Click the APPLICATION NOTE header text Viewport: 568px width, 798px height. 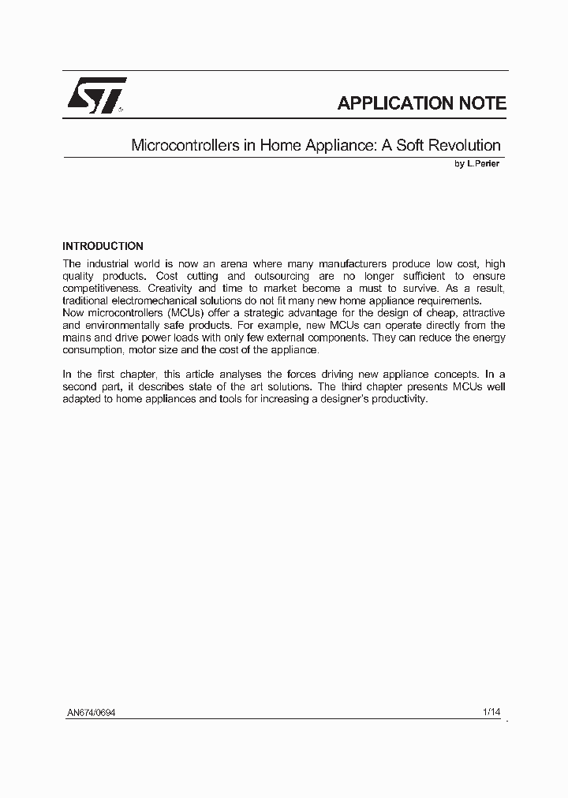pyautogui.click(x=421, y=103)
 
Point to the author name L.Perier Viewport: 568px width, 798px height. pyautogui.click(x=482, y=164)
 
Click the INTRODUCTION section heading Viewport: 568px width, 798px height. pyautogui.click(x=103, y=246)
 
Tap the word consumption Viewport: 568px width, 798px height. pyautogui.click(x=92, y=350)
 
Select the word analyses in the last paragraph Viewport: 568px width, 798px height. pyautogui.click(x=236, y=375)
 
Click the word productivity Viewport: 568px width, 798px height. pyautogui.click(x=398, y=399)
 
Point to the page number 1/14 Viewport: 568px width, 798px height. pyautogui.click(x=491, y=712)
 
